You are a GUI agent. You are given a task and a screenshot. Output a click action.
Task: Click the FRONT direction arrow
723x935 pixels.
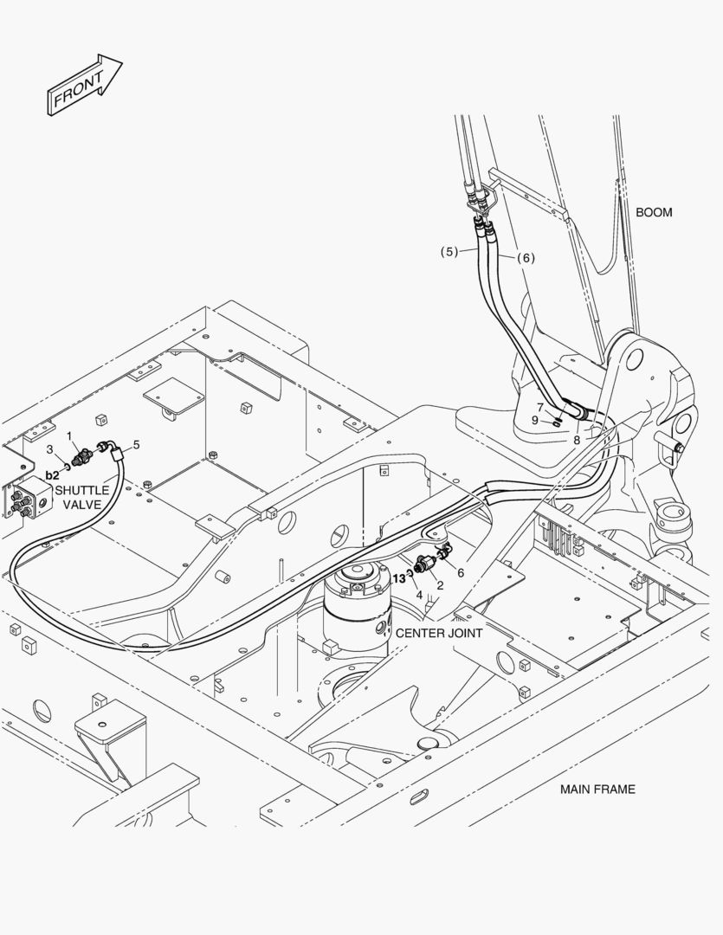click(x=83, y=85)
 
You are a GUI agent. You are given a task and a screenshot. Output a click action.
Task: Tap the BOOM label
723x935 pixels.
click(x=654, y=212)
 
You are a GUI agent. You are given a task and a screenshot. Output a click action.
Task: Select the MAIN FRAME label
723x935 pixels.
click(x=597, y=789)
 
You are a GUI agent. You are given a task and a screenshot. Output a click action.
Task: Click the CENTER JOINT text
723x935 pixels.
click(x=439, y=633)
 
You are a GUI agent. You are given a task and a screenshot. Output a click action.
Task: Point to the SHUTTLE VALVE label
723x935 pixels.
click(x=82, y=497)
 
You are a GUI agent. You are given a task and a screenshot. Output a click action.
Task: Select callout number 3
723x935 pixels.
click(x=50, y=448)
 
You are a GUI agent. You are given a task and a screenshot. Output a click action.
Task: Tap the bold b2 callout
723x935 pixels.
click(x=52, y=475)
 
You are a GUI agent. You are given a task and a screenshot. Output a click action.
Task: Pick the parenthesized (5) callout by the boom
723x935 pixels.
click(x=448, y=252)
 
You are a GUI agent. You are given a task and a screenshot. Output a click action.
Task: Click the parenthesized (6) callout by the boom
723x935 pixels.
click(x=526, y=257)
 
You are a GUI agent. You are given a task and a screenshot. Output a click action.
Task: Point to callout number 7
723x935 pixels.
click(x=539, y=407)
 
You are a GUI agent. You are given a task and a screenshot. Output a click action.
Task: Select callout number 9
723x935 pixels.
click(x=535, y=421)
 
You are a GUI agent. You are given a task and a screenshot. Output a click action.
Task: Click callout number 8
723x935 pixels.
click(x=576, y=440)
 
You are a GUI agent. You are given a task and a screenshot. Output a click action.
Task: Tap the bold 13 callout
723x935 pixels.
click(x=399, y=579)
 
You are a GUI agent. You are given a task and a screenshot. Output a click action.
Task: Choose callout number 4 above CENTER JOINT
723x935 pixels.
click(x=419, y=595)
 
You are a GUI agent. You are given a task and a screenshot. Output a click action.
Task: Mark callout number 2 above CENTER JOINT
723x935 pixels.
click(x=440, y=585)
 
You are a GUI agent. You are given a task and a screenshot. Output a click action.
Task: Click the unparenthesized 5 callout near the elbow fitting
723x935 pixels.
click(x=136, y=444)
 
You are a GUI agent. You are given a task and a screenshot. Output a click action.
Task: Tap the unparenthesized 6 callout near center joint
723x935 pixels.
click(x=460, y=572)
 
